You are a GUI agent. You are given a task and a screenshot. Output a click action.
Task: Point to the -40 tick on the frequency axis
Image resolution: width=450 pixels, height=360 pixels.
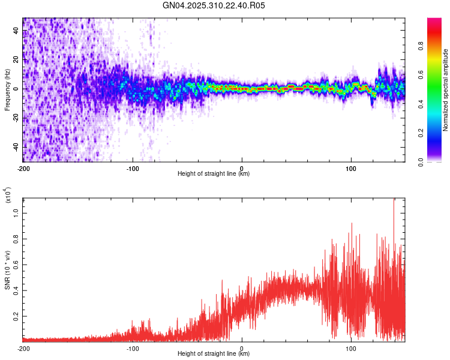click(x=15, y=147)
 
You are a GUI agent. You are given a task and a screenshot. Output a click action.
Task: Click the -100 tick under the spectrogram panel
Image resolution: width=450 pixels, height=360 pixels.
click(x=133, y=167)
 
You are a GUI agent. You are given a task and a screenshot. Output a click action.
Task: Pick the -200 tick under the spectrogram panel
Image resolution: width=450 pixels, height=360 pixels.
click(x=23, y=167)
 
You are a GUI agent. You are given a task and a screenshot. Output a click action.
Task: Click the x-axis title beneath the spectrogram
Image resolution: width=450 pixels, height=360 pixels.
click(x=214, y=174)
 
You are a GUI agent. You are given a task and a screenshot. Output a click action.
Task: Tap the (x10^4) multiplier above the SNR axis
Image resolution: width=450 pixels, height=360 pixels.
click(x=7, y=195)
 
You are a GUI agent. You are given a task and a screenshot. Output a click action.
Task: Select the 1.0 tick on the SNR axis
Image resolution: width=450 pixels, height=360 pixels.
click(x=16, y=212)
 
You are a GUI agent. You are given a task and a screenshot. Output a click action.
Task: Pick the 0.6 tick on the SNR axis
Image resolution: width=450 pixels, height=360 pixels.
click(x=16, y=263)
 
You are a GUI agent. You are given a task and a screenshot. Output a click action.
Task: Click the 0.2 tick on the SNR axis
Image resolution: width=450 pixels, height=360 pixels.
click(x=16, y=315)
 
